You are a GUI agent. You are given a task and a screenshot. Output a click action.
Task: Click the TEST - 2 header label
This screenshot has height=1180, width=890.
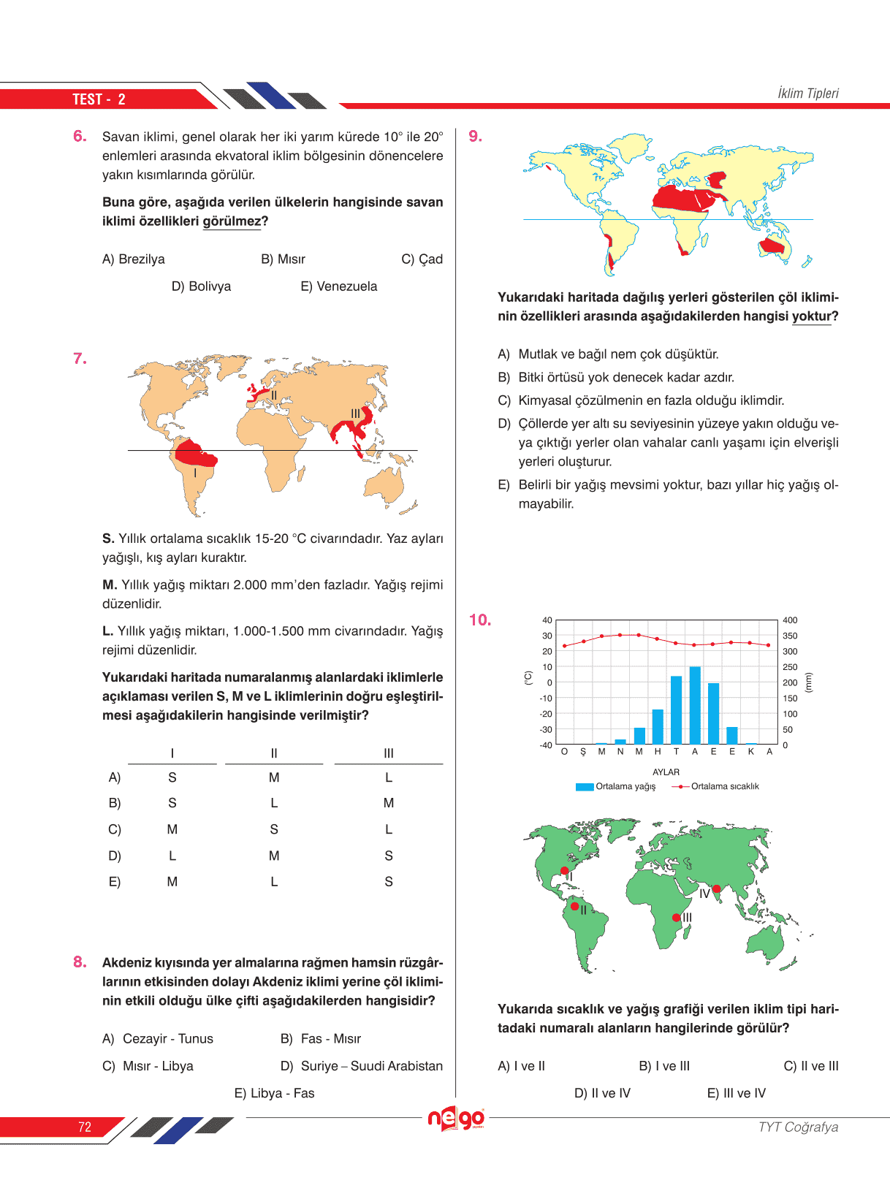[x=99, y=99]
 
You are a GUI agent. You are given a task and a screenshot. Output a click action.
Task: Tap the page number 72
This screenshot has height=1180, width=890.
[x=85, y=1127]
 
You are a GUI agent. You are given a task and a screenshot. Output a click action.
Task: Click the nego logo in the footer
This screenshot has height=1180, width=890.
[x=456, y=1119]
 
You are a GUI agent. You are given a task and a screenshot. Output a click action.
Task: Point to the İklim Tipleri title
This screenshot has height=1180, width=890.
[x=807, y=94]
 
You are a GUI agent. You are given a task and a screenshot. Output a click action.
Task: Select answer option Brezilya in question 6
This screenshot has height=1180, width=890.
[x=134, y=259]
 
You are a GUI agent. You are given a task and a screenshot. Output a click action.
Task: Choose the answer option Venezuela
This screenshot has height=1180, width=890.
[x=339, y=286]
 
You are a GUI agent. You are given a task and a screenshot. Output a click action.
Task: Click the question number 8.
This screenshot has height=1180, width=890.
[x=80, y=962]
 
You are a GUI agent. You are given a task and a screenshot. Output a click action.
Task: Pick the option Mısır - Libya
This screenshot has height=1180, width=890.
[x=148, y=1066]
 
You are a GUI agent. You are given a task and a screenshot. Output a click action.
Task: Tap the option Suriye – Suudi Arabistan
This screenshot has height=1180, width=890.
[x=362, y=1066]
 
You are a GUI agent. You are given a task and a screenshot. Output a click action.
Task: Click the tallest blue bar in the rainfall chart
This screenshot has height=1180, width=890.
[x=695, y=705]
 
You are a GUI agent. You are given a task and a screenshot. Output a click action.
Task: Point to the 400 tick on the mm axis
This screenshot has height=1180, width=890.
[x=790, y=620]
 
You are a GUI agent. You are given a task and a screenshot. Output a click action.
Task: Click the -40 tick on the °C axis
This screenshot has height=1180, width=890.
[x=546, y=745]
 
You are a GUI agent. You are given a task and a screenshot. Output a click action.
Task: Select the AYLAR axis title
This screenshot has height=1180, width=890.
[x=666, y=772]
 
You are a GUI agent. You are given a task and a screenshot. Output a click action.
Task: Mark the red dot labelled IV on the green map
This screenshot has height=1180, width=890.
[x=717, y=889]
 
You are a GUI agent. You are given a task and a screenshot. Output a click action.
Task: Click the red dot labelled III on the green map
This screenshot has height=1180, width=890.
[x=677, y=918]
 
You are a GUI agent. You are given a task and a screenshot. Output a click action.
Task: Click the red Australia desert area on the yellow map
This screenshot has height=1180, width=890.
[x=772, y=246]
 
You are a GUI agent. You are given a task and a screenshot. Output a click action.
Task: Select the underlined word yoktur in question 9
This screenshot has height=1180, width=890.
[x=811, y=316]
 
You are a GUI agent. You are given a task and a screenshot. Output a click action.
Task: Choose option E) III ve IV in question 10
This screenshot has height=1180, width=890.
[x=737, y=1094]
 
